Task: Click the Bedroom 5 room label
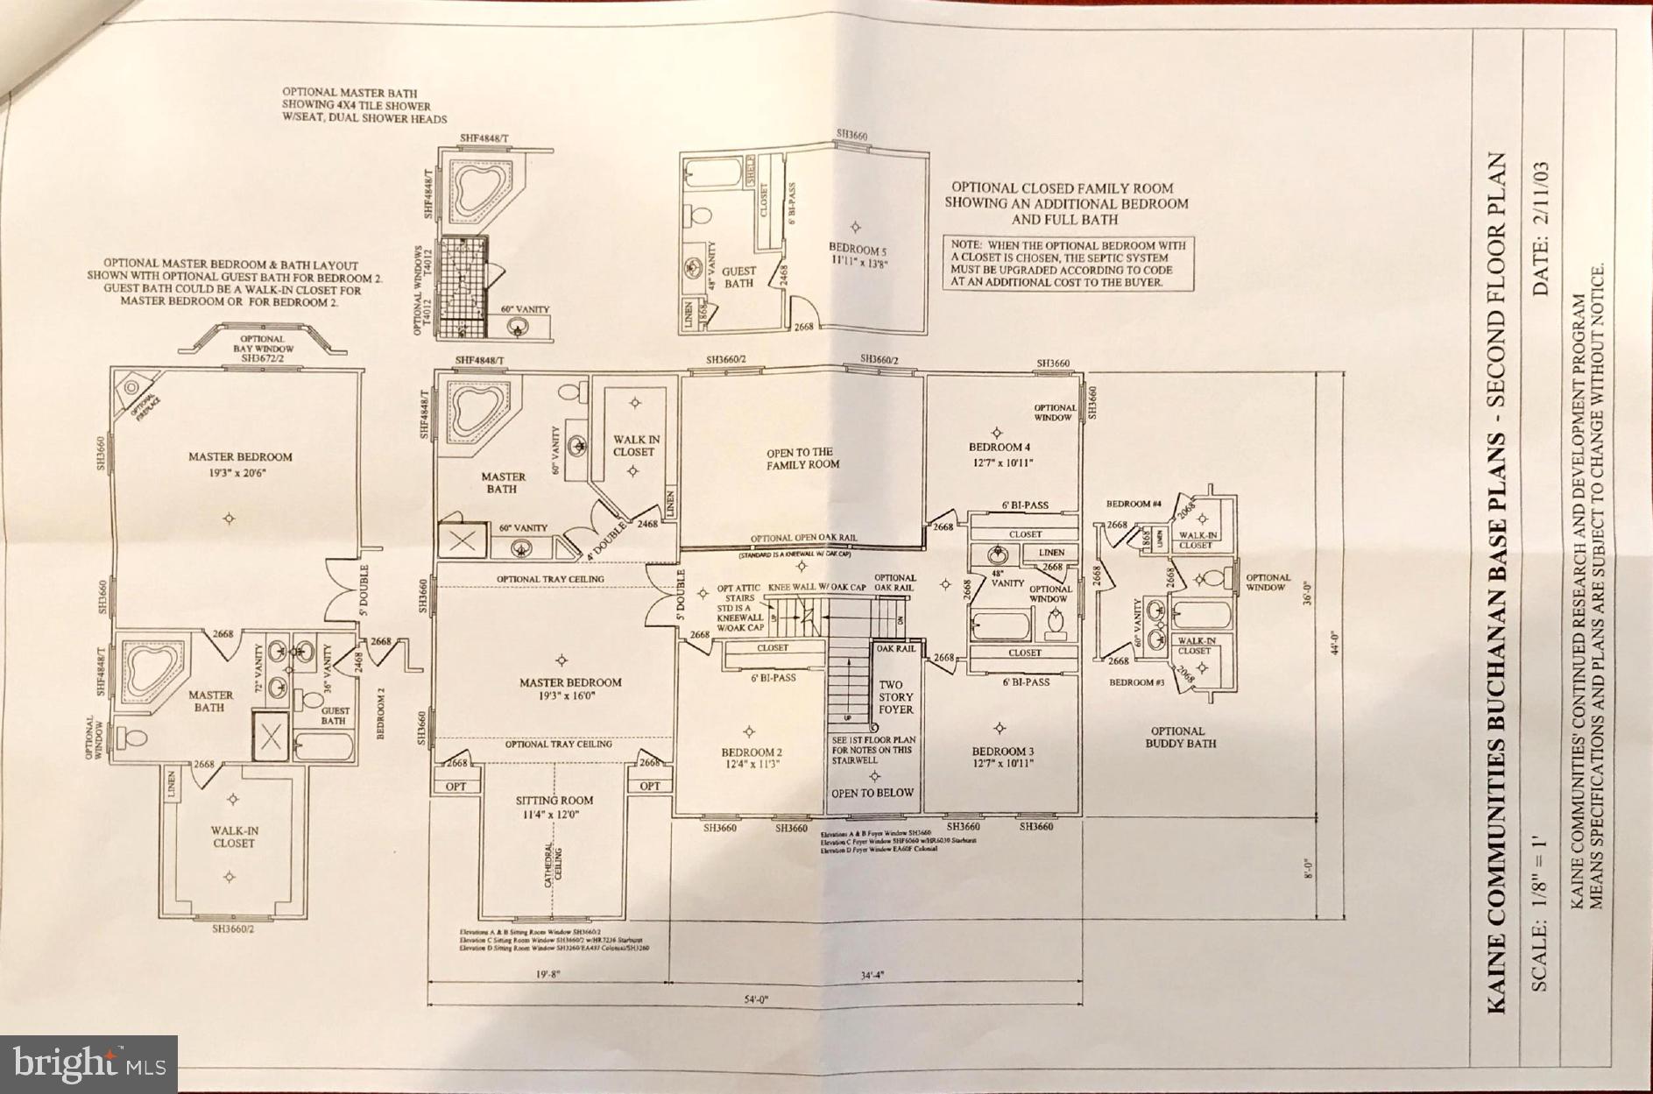click(858, 256)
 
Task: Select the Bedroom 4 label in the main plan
click(996, 454)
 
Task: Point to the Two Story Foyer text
click(895, 697)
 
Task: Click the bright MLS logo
click(89, 1064)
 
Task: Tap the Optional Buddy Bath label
click(1180, 738)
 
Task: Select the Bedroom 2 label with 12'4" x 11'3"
click(751, 758)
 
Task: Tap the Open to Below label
click(872, 793)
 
